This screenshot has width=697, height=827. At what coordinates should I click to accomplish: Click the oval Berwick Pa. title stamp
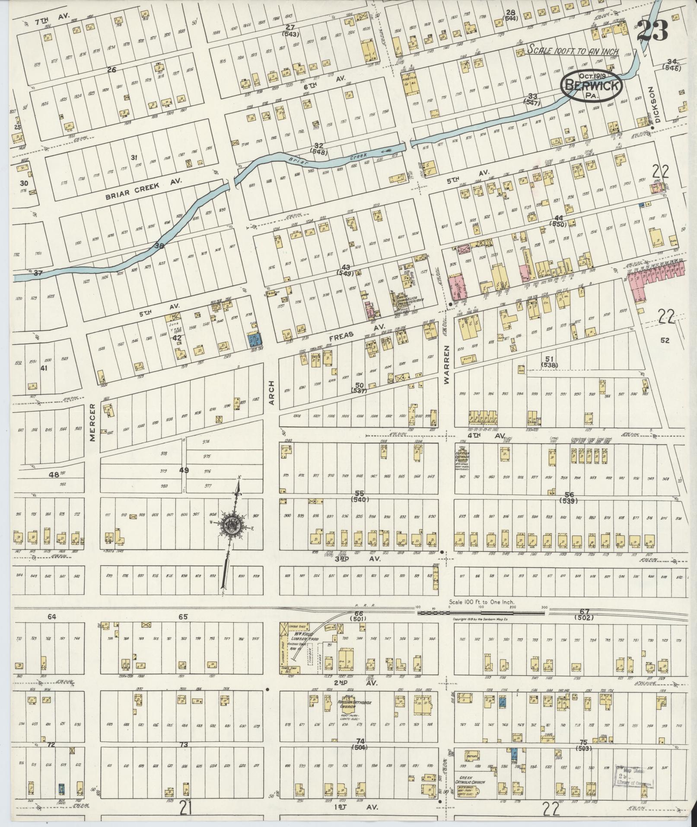coord(592,86)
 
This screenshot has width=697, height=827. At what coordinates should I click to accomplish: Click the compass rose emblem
coord(232,525)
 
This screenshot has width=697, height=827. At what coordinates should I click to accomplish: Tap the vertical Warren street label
coord(447,364)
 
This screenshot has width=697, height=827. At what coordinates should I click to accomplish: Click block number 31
coord(134,157)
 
